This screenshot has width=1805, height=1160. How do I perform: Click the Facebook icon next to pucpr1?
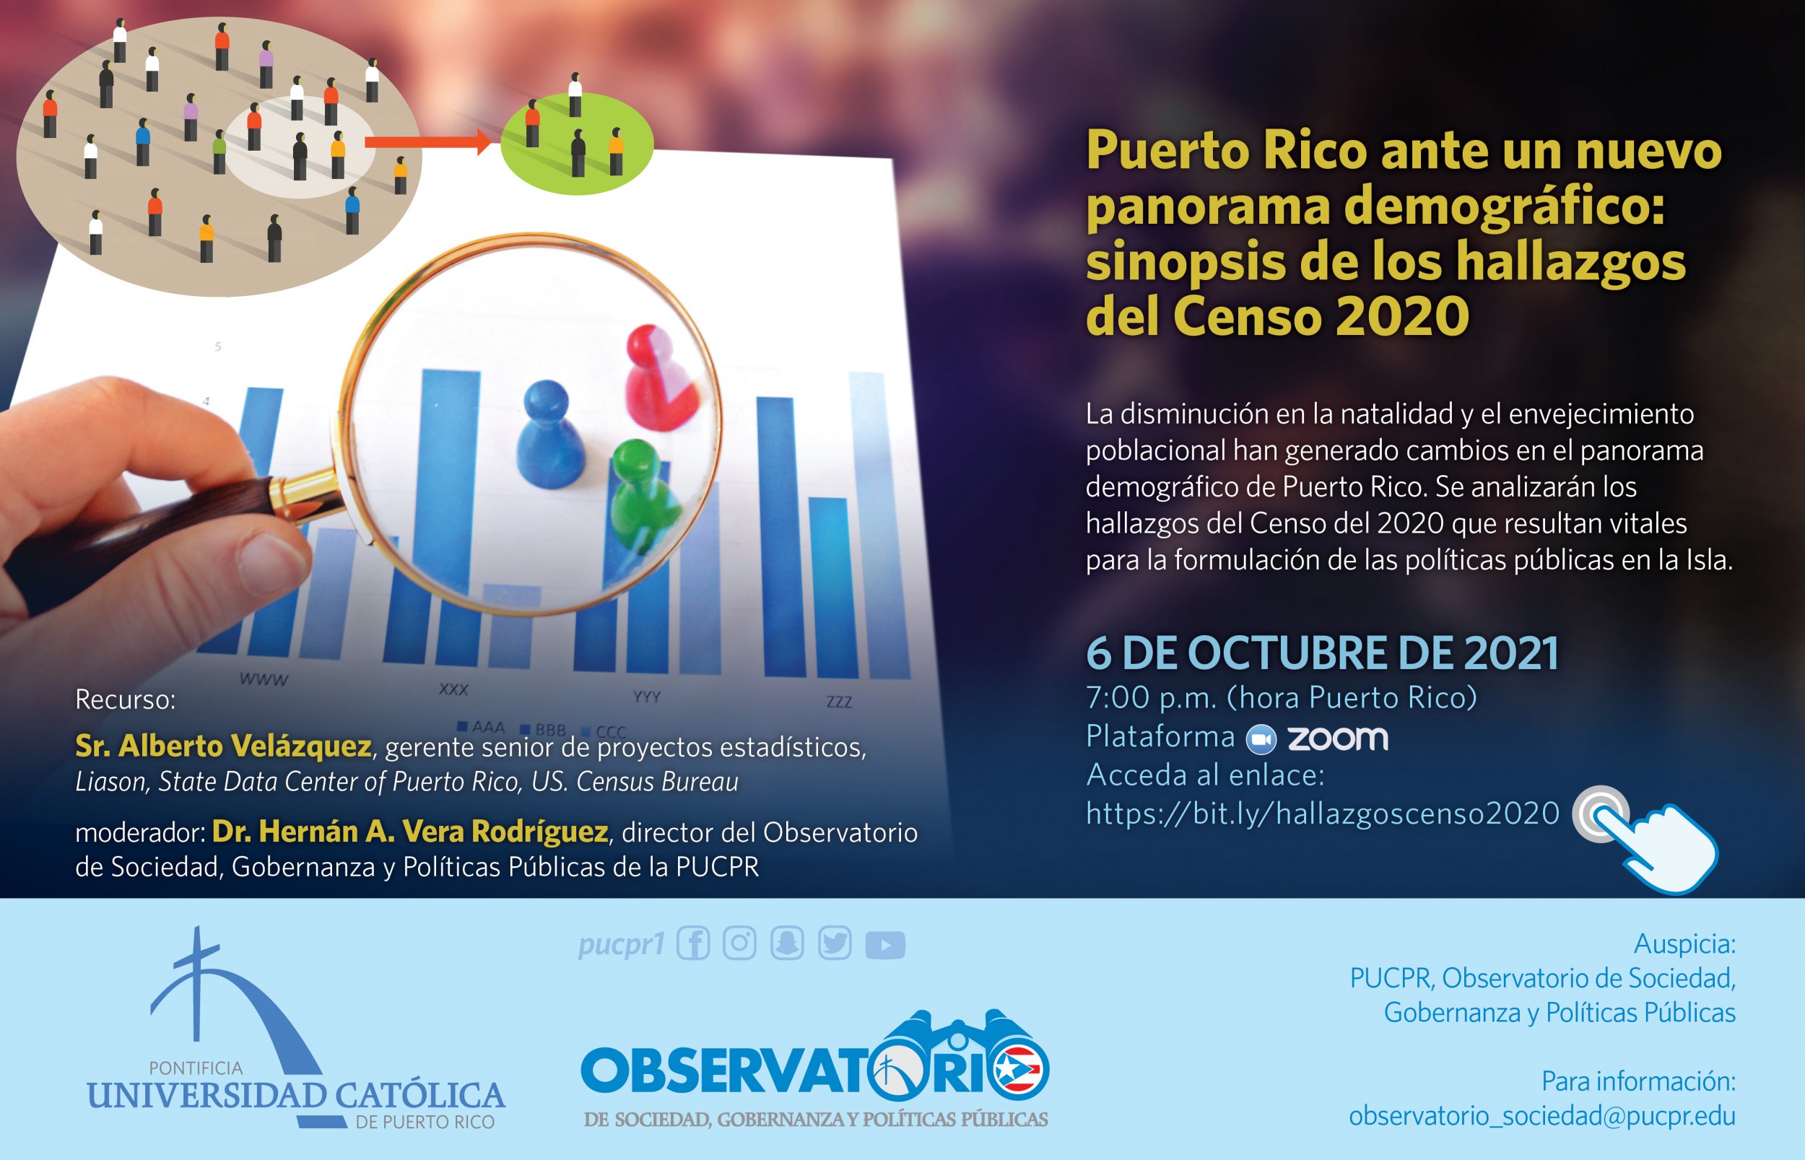(x=693, y=943)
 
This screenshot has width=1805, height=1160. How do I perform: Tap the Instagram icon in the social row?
(x=740, y=943)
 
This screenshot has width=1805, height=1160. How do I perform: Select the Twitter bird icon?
(x=835, y=943)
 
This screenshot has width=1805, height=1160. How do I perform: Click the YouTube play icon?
(x=885, y=945)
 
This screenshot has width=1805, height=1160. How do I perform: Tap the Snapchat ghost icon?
(x=787, y=943)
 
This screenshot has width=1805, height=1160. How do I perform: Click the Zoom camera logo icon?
(x=1261, y=739)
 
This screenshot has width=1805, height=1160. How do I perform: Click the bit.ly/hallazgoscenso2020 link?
(x=1322, y=814)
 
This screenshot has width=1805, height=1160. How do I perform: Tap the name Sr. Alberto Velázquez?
(x=223, y=746)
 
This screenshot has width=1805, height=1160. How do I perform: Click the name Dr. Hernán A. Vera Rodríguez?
(x=410, y=831)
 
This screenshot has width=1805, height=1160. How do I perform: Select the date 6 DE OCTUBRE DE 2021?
(x=1322, y=653)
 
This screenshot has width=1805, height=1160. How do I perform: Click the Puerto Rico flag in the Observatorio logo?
(x=1018, y=1069)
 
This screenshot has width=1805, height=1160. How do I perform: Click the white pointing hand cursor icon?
(x=1653, y=844)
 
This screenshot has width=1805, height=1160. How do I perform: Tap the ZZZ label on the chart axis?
(x=839, y=702)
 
